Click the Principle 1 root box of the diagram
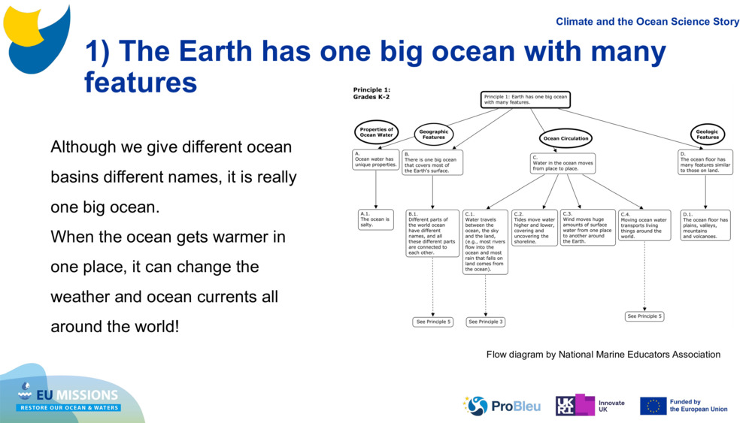(x=525, y=100)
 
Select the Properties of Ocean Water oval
(x=376, y=132)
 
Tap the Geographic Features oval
(x=433, y=134)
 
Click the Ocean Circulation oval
(x=566, y=138)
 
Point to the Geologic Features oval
(x=707, y=134)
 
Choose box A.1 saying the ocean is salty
(x=375, y=219)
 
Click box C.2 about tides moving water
(x=534, y=228)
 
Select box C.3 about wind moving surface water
(x=587, y=228)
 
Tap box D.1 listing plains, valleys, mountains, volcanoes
(x=705, y=225)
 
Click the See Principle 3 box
(x=485, y=322)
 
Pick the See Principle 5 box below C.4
(x=644, y=316)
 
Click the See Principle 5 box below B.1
(x=433, y=322)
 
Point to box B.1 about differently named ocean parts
(x=432, y=233)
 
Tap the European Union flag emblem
(x=653, y=406)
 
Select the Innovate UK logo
(x=590, y=406)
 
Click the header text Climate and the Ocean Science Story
(x=647, y=22)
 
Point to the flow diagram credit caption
(x=603, y=355)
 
